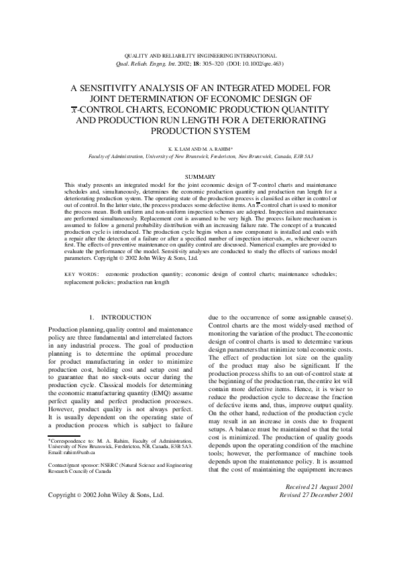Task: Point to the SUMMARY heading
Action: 200,176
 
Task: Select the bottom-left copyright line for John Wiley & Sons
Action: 106,495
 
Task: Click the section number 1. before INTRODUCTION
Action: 93,317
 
